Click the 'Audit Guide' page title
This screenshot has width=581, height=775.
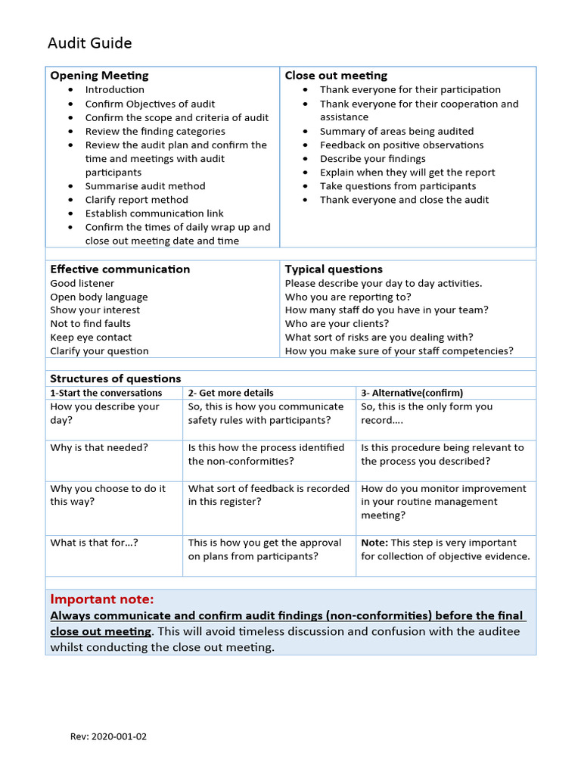89,43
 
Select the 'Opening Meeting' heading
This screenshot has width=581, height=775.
99,76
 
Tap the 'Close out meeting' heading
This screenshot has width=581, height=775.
336,76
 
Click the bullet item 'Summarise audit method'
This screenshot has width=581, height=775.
144,186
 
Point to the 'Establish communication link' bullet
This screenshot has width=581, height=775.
154,213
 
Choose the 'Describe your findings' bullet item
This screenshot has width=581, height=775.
372,159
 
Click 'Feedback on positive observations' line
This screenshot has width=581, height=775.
401,145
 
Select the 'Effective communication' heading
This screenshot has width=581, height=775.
120,269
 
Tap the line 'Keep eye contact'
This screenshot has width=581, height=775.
91,338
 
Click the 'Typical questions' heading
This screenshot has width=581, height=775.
334,269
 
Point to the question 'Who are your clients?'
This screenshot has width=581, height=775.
337,324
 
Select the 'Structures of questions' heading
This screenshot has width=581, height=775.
115,378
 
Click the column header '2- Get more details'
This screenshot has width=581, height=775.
231,393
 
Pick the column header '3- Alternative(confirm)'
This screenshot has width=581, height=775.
412,393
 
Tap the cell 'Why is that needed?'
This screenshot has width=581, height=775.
99,447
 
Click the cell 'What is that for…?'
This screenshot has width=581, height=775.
94,543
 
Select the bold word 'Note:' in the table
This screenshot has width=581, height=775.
374,543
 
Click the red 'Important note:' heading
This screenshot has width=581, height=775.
101,599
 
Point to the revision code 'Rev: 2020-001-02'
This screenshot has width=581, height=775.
108,736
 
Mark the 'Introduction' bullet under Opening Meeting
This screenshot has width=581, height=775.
114,90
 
